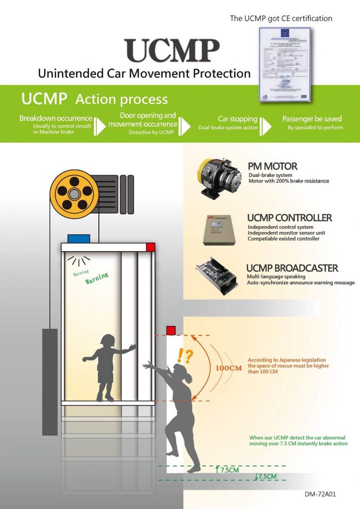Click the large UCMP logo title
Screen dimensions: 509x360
[173, 50]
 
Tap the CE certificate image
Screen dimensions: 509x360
[285, 64]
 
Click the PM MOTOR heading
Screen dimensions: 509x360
[272, 166]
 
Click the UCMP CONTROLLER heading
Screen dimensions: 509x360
[289, 218]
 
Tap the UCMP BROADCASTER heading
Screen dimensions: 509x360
[292, 268]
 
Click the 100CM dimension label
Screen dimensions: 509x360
[229, 368]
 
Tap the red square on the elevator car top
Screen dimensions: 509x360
[151, 247]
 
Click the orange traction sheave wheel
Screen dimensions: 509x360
[75, 191]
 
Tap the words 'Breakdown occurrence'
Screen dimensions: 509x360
[56, 118]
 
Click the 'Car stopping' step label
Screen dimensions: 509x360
[237, 119]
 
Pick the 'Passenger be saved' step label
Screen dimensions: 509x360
[312, 119]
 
